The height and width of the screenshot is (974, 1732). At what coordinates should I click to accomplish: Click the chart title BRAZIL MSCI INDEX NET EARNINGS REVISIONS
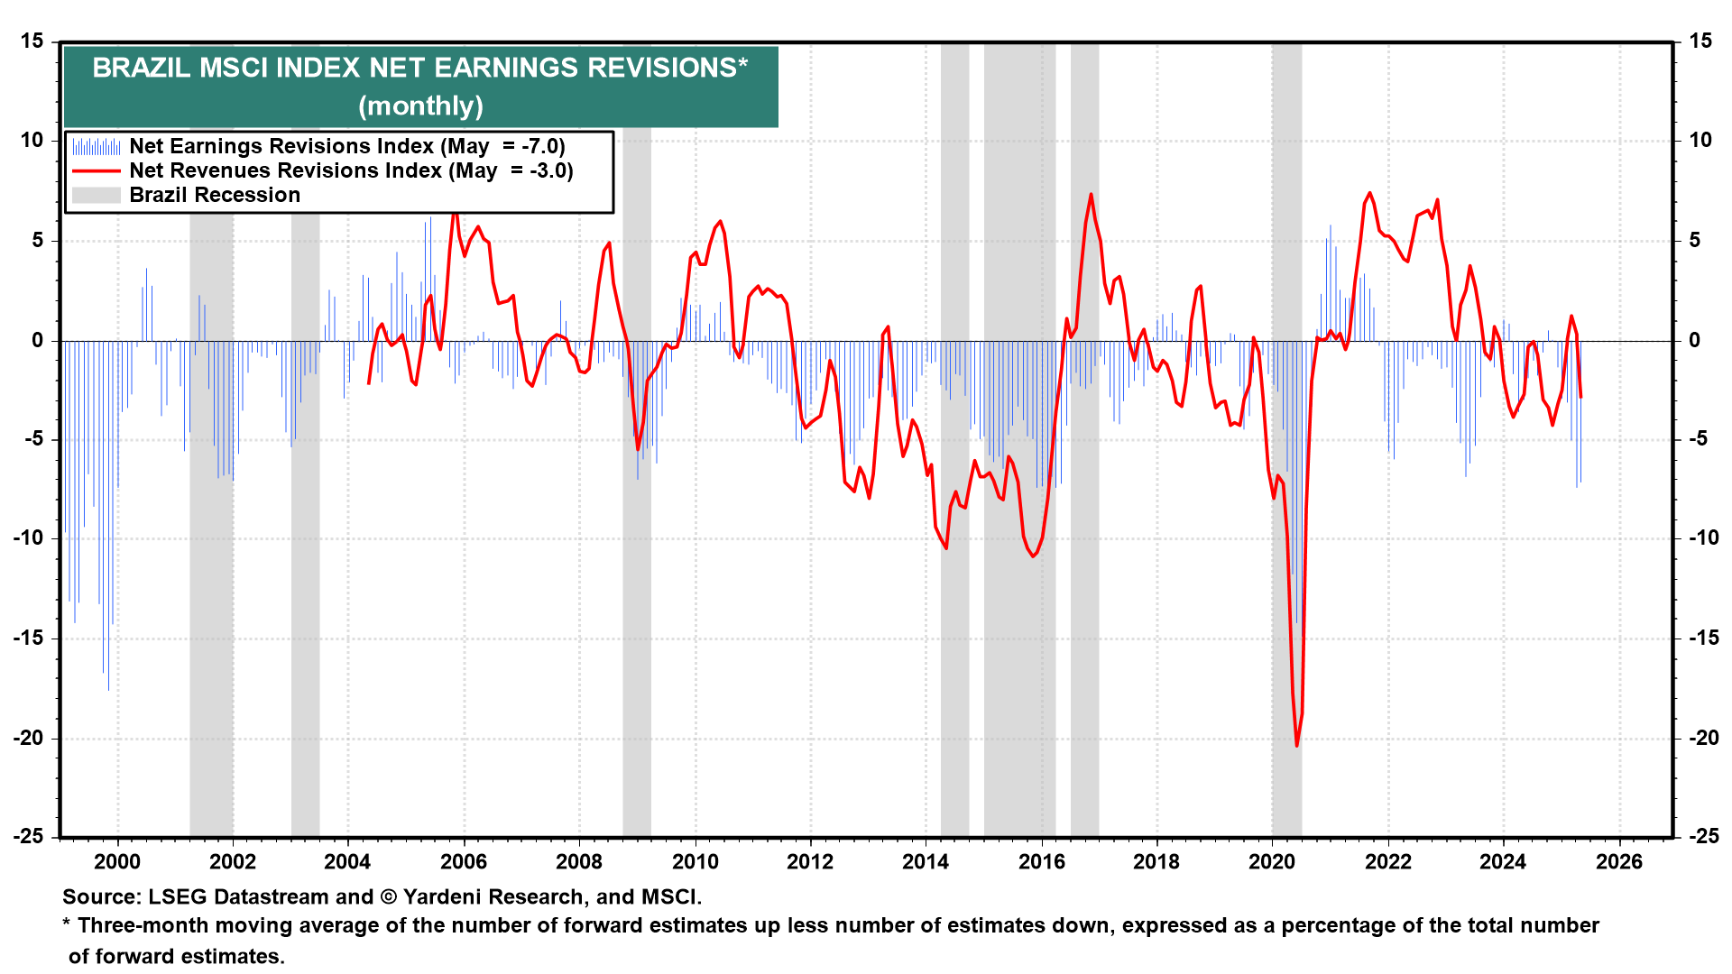click(x=419, y=69)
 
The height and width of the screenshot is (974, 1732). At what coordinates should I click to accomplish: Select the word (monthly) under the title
click(x=420, y=106)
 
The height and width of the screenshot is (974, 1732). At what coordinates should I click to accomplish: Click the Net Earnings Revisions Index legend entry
click(x=346, y=146)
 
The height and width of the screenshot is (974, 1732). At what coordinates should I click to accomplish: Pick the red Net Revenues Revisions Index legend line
click(x=96, y=171)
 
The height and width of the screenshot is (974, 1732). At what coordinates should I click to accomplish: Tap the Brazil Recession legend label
click(x=214, y=195)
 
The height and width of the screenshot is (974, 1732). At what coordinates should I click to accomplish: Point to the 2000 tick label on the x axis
click(x=117, y=861)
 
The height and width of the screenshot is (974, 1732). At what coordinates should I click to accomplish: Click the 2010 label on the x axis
click(x=695, y=861)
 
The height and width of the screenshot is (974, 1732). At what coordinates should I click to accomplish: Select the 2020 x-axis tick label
click(x=1271, y=861)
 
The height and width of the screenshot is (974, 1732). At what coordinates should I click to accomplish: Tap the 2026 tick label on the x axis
click(x=1618, y=861)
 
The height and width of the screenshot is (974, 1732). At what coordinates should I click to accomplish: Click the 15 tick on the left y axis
click(x=32, y=41)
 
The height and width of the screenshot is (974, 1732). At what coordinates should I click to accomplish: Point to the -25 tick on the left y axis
click(x=28, y=836)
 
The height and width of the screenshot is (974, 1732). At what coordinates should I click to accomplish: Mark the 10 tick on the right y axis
click(x=1700, y=140)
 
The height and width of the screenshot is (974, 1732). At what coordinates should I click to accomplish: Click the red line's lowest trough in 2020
click(x=1297, y=745)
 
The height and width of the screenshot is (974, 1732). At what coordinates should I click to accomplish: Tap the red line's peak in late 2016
click(x=1091, y=194)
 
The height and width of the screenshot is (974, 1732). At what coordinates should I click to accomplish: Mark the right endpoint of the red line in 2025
click(x=1580, y=397)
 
